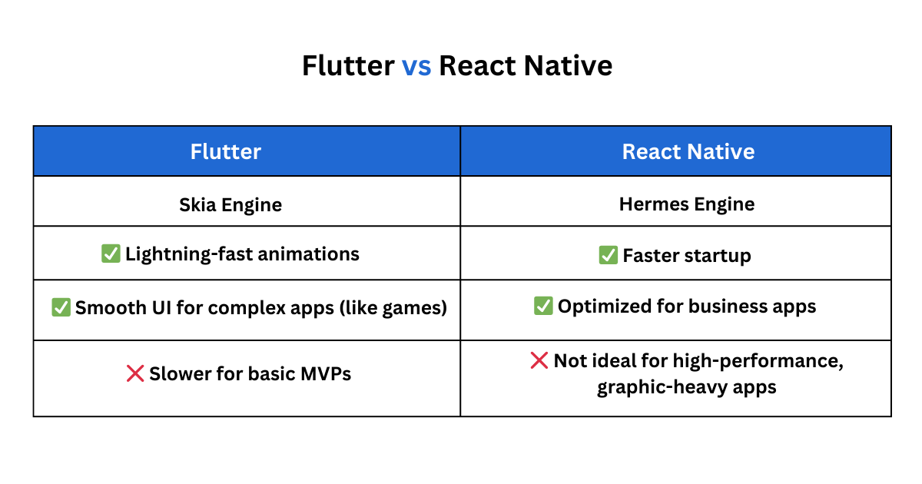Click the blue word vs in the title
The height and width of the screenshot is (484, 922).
(416, 67)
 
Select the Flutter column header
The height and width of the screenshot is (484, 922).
(226, 151)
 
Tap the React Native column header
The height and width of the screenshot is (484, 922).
(688, 151)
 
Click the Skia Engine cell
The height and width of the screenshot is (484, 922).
(230, 205)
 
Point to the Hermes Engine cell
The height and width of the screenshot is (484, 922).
(687, 204)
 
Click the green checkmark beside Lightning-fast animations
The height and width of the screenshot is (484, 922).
(111, 254)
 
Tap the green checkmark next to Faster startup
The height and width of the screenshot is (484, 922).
(609, 255)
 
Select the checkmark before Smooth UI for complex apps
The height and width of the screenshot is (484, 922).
(61, 307)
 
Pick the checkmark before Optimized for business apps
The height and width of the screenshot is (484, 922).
(543, 306)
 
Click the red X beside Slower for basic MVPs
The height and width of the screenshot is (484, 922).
(135, 373)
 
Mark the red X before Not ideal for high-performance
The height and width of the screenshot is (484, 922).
(539, 360)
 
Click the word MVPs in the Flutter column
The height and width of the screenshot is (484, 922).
(326, 373)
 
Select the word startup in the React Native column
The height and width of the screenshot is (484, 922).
(718, 256)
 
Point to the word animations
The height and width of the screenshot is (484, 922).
(308, 254)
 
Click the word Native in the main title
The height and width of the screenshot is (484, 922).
(568, 66)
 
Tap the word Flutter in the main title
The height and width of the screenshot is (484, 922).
(348, 66)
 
